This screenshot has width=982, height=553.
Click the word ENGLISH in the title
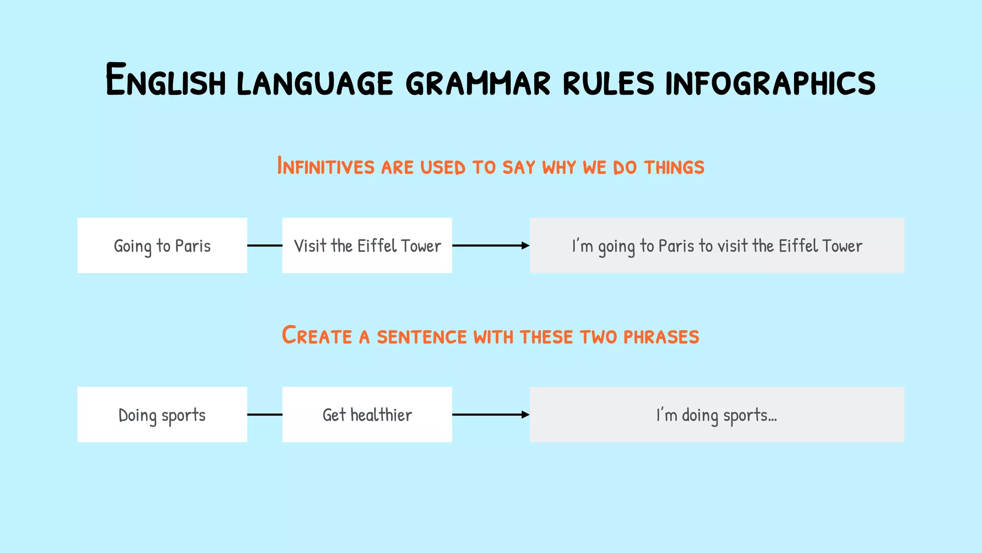tap(165, 81)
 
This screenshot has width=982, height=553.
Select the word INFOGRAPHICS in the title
tap(770, 83)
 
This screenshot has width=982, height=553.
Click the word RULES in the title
tap(608, 83)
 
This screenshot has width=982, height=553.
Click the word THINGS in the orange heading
tap(674, 168)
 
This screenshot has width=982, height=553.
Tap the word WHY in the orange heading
tap(559, 168)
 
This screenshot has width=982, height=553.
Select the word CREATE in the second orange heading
tap(316, 336)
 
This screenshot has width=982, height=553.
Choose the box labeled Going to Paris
tap(162, 246)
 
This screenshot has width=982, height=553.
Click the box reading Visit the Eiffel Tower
tap(367, 246)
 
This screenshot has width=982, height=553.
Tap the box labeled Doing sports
tap(162, 415)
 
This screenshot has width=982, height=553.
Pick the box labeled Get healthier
tap(367, 415)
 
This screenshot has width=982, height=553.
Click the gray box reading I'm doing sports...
tap(716, 415)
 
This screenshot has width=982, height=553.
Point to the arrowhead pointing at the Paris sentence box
tap(526, 246)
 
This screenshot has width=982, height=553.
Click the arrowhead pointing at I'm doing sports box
tap(526, 415)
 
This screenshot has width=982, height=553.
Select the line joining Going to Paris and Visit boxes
tap(265, 246)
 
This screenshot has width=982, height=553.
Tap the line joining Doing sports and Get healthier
tap(265, 415)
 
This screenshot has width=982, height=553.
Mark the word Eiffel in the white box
tap(377, 246)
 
